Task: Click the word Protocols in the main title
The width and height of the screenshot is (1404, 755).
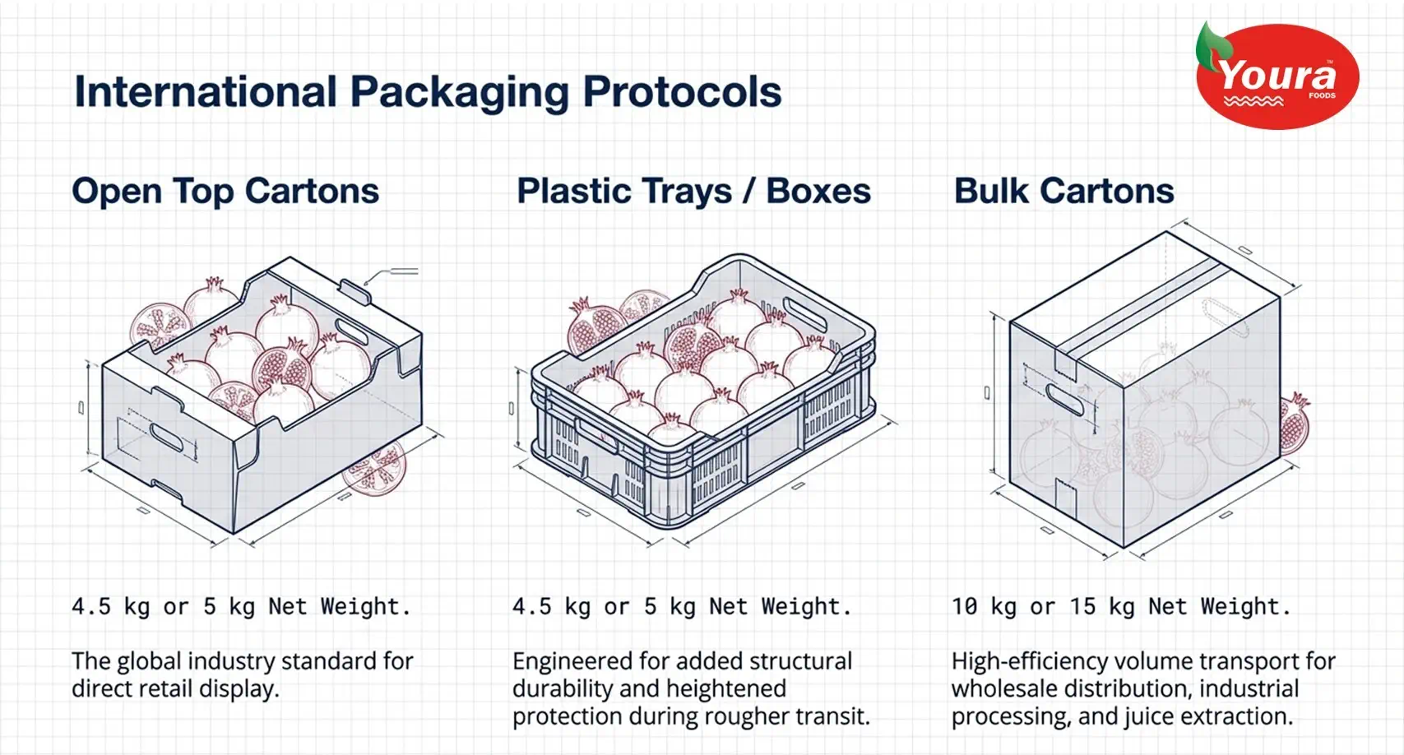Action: point(682,92)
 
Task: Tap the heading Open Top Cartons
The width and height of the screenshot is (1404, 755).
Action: point(225,191)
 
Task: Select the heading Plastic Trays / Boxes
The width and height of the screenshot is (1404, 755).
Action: point(693,191)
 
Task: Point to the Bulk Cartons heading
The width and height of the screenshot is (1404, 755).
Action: point(1063,191)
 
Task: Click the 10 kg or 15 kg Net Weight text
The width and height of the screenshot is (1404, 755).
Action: point(1121,606)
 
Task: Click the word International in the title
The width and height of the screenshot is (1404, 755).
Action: point(206,91)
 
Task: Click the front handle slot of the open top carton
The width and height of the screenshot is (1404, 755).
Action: point(167,437)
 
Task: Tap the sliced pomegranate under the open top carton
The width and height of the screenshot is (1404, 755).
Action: point(375,469)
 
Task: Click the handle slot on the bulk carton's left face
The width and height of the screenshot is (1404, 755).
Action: point(1064,399)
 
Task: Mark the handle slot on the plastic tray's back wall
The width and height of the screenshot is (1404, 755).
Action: point(804,314)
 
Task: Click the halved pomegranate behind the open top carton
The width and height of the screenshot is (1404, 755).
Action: point(160,326)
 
